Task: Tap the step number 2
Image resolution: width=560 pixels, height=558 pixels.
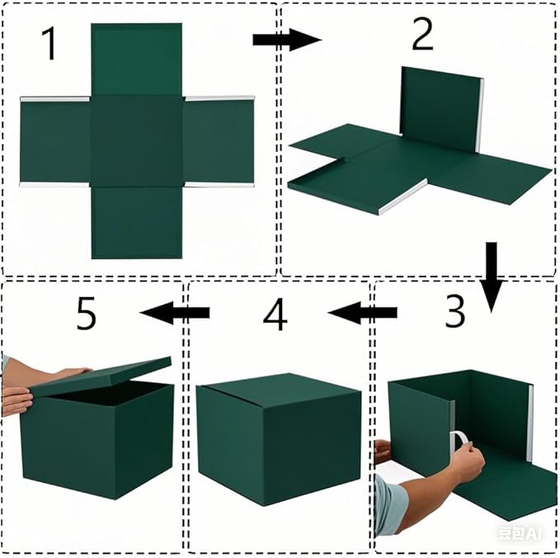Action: point(421,35)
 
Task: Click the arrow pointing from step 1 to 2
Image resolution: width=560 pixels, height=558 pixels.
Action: point(285,40)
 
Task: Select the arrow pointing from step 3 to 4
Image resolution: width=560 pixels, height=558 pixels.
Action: point(363,313)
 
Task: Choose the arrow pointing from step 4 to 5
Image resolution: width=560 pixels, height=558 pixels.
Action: point(175,312)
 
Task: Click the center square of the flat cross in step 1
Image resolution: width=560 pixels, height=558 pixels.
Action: point(136,140)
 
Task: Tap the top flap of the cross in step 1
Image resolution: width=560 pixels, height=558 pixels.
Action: point(136,59)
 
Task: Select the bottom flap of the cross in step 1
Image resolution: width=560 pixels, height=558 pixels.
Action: point(136,221)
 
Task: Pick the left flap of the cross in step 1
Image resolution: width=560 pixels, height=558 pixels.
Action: point(54,141)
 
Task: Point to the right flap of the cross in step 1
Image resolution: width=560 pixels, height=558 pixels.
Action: point(218,141)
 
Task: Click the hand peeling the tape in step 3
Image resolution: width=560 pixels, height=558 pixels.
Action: point(467,462)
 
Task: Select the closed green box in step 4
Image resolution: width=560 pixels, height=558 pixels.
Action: point(278,437)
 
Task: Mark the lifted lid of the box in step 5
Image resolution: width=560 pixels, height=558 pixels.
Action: point(99,376)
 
